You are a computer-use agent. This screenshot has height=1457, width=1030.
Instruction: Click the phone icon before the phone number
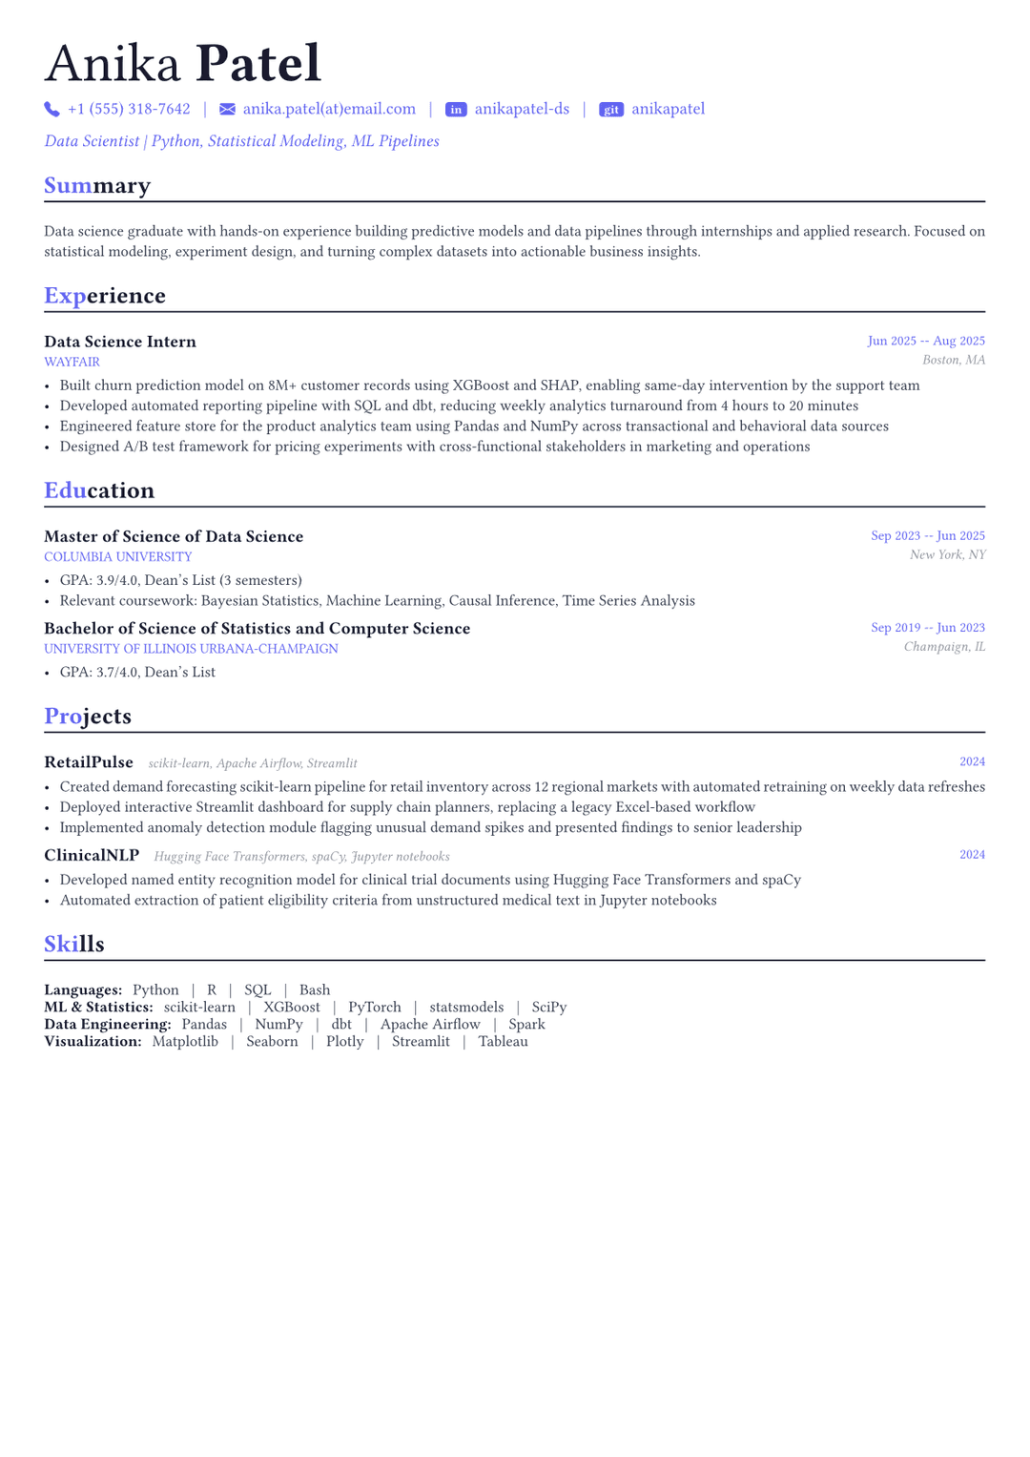[x=51, y=110]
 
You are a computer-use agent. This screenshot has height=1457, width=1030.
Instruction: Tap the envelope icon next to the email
[x=227, y=110]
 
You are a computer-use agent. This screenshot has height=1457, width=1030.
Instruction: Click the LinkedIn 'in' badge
[x=456, y=110]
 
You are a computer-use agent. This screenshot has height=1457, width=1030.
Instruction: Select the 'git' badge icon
[x=610, y=110]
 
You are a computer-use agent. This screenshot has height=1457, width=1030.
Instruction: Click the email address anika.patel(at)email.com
[x=329, y=109]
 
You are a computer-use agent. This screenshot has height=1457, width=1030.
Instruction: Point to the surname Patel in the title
[x=258, y=64]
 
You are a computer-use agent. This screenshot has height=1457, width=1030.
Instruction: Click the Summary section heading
[x=97, y=185]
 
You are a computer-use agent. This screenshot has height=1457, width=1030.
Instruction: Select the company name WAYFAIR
[x=72, y=363]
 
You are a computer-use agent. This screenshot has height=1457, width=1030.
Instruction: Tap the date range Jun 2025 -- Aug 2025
[x=925, y=341]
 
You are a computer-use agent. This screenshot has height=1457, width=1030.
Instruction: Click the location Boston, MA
[x=953, y=360]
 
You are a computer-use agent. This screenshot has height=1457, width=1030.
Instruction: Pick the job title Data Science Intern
[x=120, y=342]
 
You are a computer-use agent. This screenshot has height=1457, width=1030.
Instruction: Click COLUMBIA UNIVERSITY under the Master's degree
[x=117, y=557]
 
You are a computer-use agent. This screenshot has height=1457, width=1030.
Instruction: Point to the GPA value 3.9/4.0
[x=116, y=580]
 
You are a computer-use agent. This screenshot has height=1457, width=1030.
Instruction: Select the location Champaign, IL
[x=944, y=647]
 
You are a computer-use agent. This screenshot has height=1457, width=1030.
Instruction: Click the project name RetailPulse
[x=89, y=762]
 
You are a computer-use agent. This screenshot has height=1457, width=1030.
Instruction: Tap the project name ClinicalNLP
[x=92, y=855]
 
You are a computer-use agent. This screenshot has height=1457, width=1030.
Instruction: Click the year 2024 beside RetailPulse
[x=972, y=761]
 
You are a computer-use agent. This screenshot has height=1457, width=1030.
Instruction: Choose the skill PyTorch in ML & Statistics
[x=375, y=1008]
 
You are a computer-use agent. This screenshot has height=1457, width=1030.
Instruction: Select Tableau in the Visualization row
[x=503, y=1042]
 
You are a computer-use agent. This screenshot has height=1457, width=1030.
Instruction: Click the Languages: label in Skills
[x=83, y=990]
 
